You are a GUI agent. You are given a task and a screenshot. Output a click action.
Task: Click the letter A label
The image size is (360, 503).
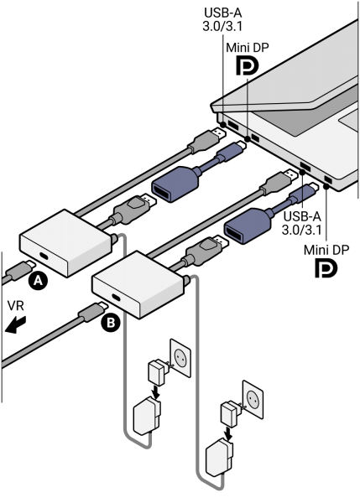(x=37, y=283)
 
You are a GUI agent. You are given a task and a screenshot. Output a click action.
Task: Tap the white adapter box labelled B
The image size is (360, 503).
(x=138, y=284)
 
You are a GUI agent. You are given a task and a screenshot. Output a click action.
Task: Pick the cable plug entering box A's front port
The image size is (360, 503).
(x=19, y=272)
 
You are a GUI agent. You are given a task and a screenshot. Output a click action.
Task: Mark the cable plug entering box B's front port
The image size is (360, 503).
(x=91, y=315)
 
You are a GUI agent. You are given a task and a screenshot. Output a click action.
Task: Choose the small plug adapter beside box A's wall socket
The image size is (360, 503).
(x=156, y=369)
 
